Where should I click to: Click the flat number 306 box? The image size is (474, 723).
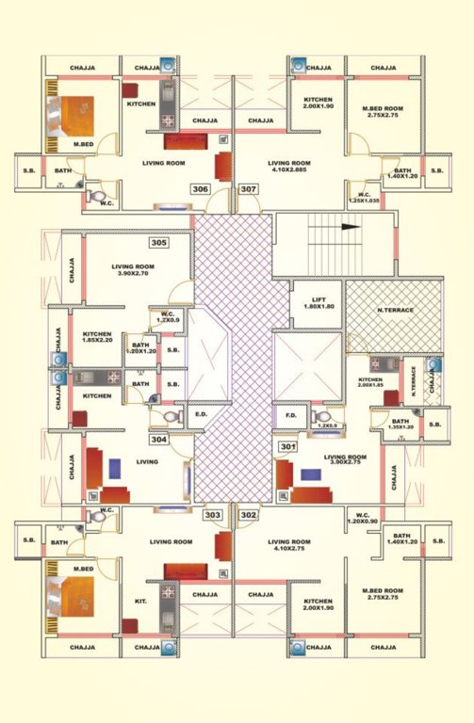click(x=200, y=189)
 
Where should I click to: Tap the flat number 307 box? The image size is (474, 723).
click(x=249, y=189)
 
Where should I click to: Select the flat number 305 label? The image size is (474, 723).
click(x=159, y=243)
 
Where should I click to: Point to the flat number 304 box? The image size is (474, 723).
click(x=159, y=439)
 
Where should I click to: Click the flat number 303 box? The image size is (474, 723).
click(x=214, y=515)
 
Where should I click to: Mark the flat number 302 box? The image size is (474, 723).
click(x=249, y=515)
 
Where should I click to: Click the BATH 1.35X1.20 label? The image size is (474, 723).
click(x=400, y=425)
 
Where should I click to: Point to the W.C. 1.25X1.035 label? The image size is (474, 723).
click(x=364, y=198)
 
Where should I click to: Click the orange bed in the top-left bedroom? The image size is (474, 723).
click(x=69, y=118)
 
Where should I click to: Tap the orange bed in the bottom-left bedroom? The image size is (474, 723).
click(x=69, y=597)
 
